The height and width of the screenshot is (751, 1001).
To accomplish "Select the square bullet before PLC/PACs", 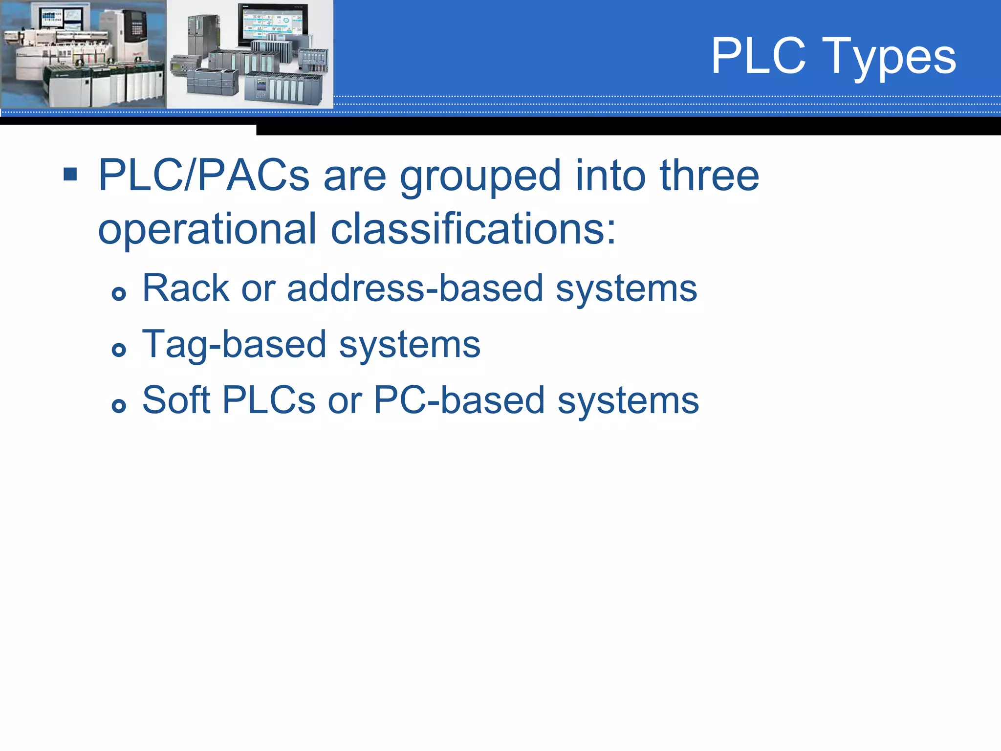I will tap(70, 174).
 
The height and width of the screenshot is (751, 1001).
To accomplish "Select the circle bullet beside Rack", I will tap(119, 293).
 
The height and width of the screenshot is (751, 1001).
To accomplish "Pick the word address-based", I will tap(415, 288).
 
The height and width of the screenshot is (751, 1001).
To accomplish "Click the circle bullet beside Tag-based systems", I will tap(119, 350).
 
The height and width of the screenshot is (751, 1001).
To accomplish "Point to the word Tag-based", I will tap(234, 345).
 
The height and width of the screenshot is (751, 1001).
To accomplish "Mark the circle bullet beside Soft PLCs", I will tap(119, 405).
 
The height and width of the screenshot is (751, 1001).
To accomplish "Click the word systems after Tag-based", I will tap(410, 345).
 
